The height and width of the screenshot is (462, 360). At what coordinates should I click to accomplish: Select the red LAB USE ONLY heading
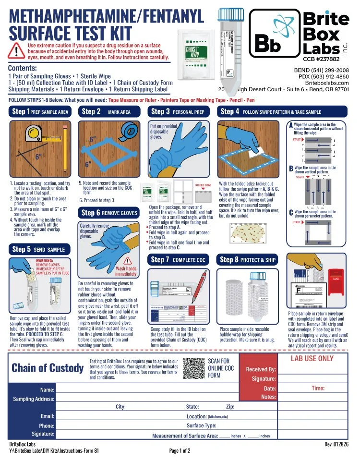click(312, 358)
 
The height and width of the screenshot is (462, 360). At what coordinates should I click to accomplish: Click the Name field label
click(47, 389)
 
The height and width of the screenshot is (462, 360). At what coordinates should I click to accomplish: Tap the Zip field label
click(230, 407)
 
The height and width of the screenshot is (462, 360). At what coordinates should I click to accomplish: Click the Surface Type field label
click(201, 425)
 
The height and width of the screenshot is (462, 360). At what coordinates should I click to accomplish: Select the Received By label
click(261, 369)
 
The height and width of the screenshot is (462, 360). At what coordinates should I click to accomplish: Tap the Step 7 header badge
click(178, 260)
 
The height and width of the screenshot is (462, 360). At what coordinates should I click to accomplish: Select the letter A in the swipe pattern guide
click(291, 126)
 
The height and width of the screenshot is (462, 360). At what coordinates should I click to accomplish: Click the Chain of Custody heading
click(48, 368)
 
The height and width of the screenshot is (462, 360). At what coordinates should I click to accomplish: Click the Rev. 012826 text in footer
click(336, 444)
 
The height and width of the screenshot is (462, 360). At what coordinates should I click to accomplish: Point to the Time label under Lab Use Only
click(318, 388)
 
